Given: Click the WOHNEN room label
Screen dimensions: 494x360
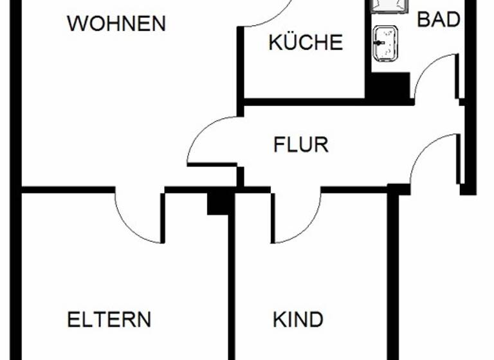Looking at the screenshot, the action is pos(116,24).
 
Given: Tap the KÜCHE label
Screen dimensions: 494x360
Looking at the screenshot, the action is pos(305,42).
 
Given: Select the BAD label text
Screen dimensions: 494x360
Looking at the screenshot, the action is pos(439,19).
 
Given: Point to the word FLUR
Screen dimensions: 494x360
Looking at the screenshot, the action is pos(300,145).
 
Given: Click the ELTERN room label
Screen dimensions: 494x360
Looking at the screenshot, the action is pos(109,319).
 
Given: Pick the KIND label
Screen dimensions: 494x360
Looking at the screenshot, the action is pos(297,319).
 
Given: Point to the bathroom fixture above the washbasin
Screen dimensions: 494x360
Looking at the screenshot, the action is pos(389,6).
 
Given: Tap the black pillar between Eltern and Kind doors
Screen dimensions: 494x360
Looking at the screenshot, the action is pos(220,202).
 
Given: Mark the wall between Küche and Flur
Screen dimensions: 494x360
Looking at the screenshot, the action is pos(302,102).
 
